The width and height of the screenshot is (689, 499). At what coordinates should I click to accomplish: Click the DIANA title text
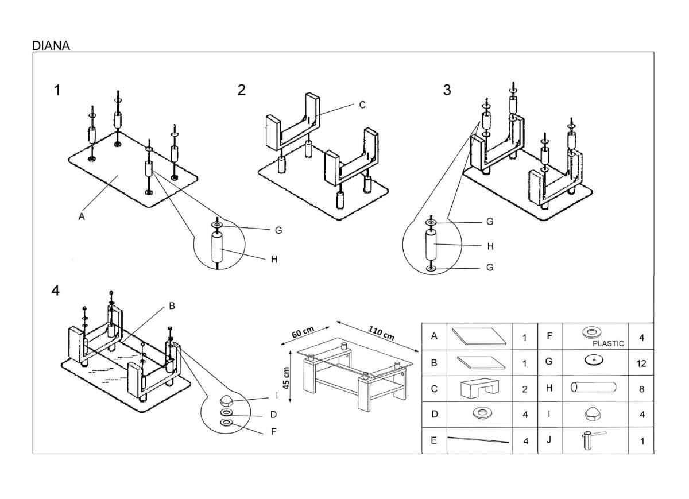click(51, 46)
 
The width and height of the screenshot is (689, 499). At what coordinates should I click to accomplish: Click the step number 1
click(57, 90)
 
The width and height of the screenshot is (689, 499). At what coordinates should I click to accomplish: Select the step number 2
click(242, 90)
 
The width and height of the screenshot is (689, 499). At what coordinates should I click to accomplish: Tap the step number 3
click(447, 90)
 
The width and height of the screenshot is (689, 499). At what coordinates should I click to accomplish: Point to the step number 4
click(55, 291)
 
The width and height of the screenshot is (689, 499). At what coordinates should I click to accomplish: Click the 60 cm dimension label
click(303, 332)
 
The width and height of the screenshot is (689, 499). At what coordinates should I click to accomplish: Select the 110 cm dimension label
click(381, 333)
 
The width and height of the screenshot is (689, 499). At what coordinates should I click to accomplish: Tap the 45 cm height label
click(286, 378)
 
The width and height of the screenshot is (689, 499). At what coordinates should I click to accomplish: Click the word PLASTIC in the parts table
click(609, 343)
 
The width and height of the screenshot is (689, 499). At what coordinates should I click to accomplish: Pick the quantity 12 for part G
click(641, 363)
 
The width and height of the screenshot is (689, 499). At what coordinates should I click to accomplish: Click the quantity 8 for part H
click(642, 389)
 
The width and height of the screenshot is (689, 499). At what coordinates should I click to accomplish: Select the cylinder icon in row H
click(593, 387)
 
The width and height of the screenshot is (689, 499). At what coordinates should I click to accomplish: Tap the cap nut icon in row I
click(591, 414)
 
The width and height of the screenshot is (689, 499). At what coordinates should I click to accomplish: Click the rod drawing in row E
click(478, 440)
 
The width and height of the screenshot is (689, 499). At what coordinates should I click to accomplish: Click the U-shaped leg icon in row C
click(480, 388)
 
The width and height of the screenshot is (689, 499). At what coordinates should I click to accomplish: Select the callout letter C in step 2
click(362, 105)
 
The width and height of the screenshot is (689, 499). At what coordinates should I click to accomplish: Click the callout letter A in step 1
click(82, 217)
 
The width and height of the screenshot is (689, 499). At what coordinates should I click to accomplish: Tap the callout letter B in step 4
click(172, 306)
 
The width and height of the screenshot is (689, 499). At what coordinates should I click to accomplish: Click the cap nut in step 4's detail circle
click(227, 401)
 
